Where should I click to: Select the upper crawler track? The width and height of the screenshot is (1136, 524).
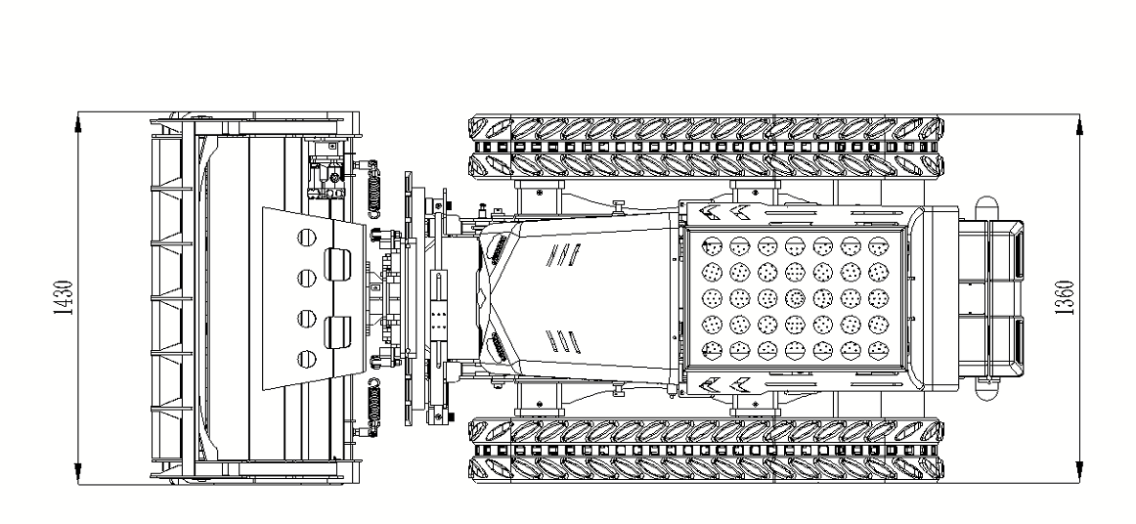[705, 144]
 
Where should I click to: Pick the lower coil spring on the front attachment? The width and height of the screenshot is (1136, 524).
[373, 401]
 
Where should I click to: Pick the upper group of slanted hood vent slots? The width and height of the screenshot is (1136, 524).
[565, 255]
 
